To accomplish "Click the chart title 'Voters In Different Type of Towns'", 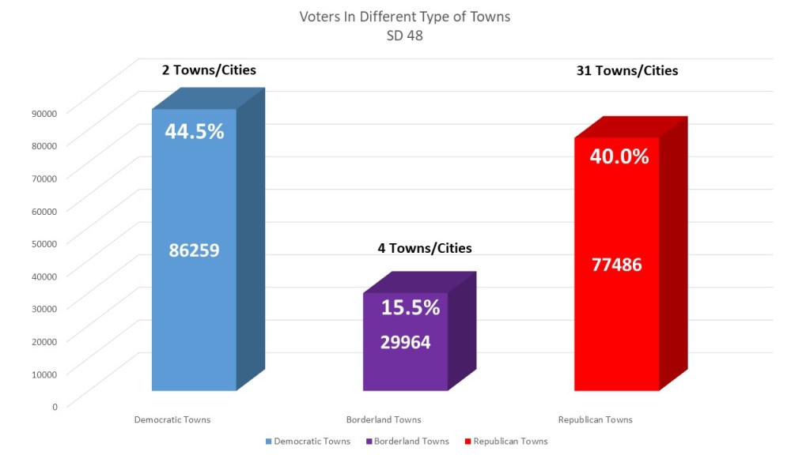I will [x=404, y=17].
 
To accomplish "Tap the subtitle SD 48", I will [x=404, y=35].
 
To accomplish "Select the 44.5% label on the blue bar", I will [x=195, y=131].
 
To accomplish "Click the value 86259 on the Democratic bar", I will [x=194, y=250].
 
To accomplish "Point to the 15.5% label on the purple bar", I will [x=411, y=308].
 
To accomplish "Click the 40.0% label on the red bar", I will [x=619, y=156].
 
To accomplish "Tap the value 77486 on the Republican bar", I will [x=617, y=265].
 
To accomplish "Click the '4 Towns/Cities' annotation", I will [x=426, y=248].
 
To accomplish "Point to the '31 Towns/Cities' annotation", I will [x=628, y=70].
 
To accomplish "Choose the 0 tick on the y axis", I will [x=55, y=406].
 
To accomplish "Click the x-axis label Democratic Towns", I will [x=172, y=419].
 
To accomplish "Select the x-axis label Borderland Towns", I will [x=384, y=419].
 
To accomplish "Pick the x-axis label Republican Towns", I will [x=596, y=419].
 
